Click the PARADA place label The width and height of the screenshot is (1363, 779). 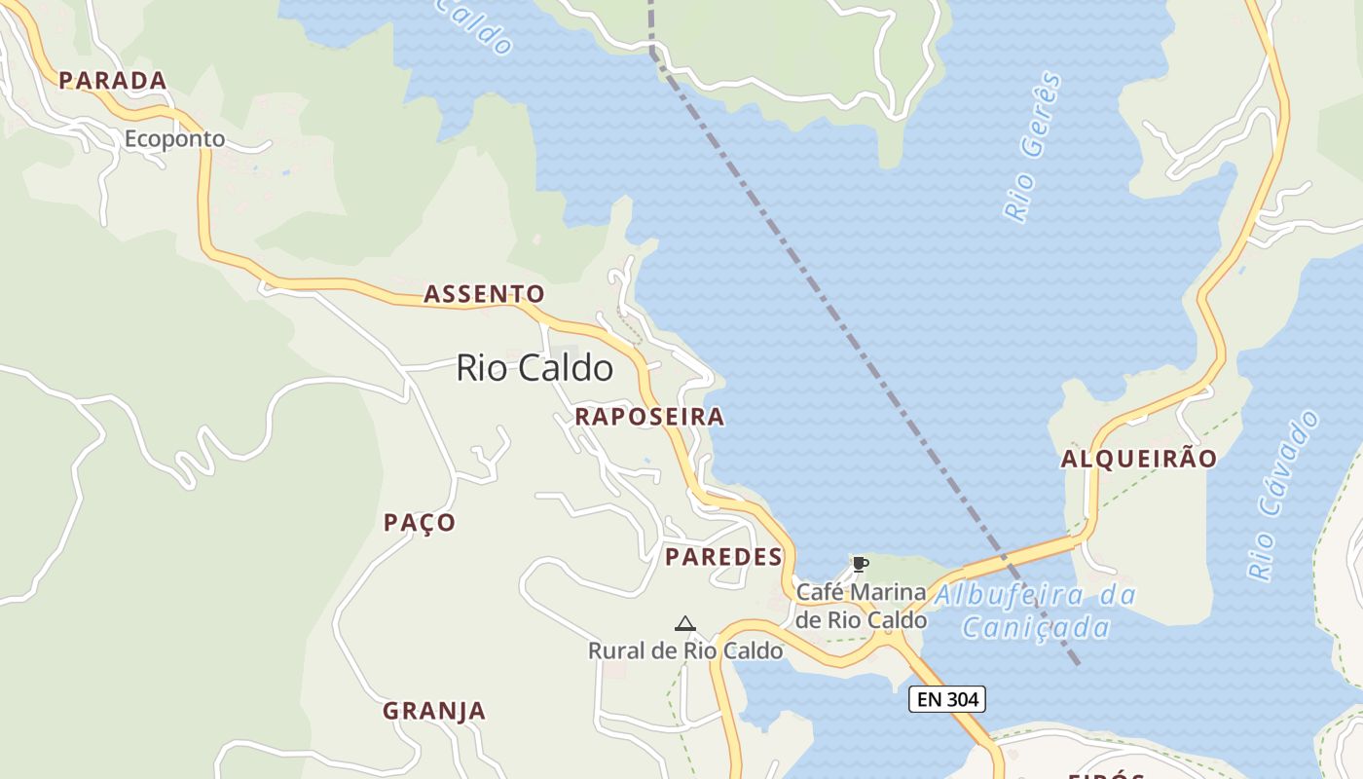pos(112,81)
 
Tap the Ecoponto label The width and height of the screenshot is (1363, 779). pos(174,139)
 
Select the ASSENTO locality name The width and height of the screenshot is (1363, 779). pos(484,294)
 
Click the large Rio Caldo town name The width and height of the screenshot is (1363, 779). pos(534,368)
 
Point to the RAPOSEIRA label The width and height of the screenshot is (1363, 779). pos(649,417)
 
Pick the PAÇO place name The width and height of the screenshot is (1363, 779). pos(420,523)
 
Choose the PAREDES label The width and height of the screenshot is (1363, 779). pos(723,557)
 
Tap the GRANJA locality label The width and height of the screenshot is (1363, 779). pos(433,711)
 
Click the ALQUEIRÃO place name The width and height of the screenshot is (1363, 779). pos(1138,459)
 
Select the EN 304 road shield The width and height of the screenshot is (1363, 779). pos(947,698)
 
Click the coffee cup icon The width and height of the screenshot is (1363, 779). pos(860,563)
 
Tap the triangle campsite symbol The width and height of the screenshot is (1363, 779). pos(685,623)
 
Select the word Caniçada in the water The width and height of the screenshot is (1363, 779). pos(1036,628)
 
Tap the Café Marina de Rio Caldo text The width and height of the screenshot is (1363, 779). pos(861,606)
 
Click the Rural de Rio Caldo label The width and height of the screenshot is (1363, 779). pos(685,650)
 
